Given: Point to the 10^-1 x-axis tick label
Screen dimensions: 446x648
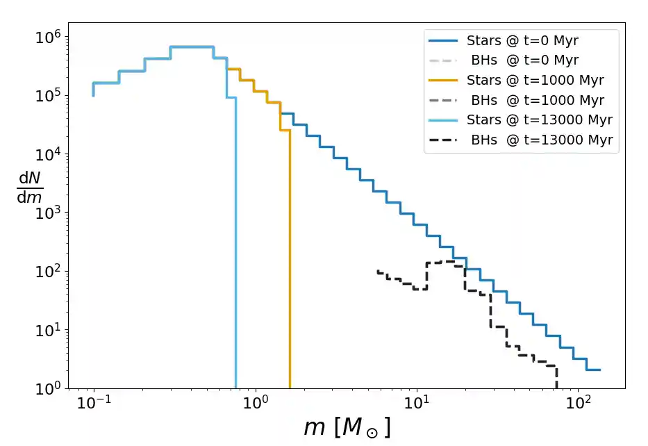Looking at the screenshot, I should [x=92, y=404].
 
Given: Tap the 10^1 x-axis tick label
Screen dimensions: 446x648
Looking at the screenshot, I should [x=417, y=404].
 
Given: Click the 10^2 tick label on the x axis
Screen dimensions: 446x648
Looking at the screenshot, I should [x=578, y=404].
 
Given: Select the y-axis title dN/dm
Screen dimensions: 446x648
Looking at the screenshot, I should [x=30, y=188].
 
